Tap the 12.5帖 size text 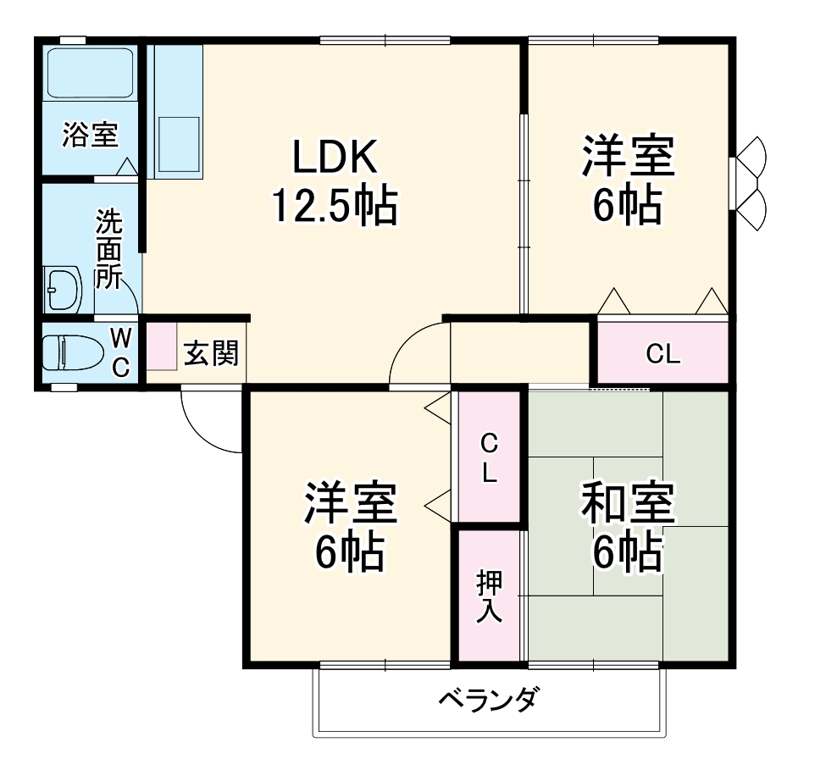click(x=334, y=205)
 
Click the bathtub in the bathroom click(x=89, y=73)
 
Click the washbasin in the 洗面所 click(x=63, y=290)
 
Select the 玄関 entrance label click(x=211, y=352)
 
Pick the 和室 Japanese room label click(x=627, y=505)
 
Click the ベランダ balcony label click(x=489, y=701)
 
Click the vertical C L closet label click(x=489, y=457)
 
